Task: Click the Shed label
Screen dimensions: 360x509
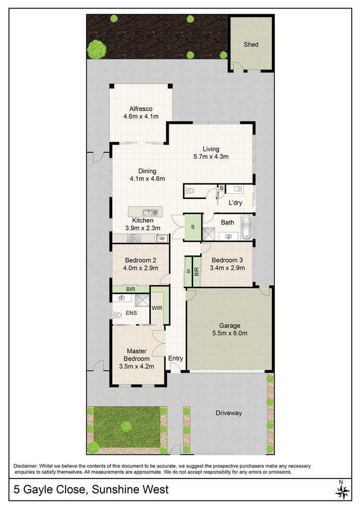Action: (251, 44)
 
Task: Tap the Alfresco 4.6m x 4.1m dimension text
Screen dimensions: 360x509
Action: (141, 116)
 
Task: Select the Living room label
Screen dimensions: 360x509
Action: (211, 149)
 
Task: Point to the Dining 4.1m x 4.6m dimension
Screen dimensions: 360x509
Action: (147, 179)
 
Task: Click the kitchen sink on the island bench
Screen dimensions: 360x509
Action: (150, 213)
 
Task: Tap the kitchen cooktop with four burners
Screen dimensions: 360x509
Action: (134, 238)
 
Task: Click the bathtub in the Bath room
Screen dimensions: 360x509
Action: (247, 227)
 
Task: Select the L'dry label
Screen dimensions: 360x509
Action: (235, 203)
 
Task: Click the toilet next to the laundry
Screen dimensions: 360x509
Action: (188, 191)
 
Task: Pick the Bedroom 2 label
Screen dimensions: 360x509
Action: (140, 260)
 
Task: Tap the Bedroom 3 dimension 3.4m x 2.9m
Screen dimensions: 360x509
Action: (227, 268)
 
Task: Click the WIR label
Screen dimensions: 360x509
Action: (157, 308)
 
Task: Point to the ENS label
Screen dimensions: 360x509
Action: (131, 313)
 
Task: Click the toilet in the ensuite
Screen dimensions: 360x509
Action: (117, 314)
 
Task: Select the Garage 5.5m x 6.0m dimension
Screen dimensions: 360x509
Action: (230, 333)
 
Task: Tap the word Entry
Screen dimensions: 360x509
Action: (176, 358)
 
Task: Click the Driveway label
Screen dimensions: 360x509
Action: (229, 413)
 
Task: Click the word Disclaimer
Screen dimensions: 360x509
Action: (25, 466)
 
